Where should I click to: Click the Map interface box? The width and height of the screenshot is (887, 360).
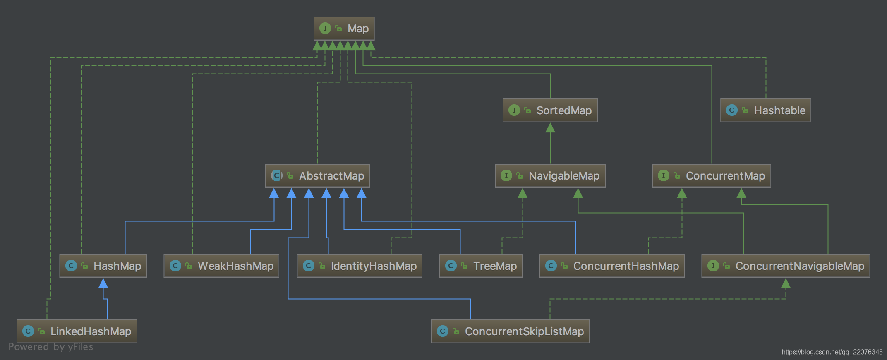coord(344,28)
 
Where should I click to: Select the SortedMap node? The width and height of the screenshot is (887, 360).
coord(550,110)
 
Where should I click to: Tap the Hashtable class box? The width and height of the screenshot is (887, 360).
coord(765,110)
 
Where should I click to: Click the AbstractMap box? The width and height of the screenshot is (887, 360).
coord(317,176)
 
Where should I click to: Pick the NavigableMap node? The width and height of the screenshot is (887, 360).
coord(550,176)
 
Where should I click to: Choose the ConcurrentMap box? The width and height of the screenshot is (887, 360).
coord(711,176)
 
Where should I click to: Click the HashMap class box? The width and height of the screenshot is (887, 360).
coord(103,266)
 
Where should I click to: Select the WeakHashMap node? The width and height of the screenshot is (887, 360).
coord(221,266)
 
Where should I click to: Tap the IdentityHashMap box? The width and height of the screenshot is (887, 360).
coord(359,266)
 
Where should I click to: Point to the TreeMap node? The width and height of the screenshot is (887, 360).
coord(480,266)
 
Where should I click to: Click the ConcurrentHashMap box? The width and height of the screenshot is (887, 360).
coord(611,266)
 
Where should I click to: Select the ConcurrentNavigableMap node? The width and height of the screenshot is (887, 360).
coord(785,266)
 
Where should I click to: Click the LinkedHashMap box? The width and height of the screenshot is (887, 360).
coord(77,331)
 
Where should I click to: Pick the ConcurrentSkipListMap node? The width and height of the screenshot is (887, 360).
coord(510,331)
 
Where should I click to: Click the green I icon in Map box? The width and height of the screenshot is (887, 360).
coord(325,28)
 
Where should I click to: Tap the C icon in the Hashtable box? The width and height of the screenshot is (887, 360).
coord(731,110)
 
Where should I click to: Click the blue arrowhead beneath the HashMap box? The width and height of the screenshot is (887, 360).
coord(103,283)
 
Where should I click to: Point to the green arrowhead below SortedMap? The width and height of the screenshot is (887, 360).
coord(550,128)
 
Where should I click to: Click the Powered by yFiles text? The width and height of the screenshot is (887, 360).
coord(51,347)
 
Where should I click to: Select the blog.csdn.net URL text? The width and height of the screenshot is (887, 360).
coord(832,352)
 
